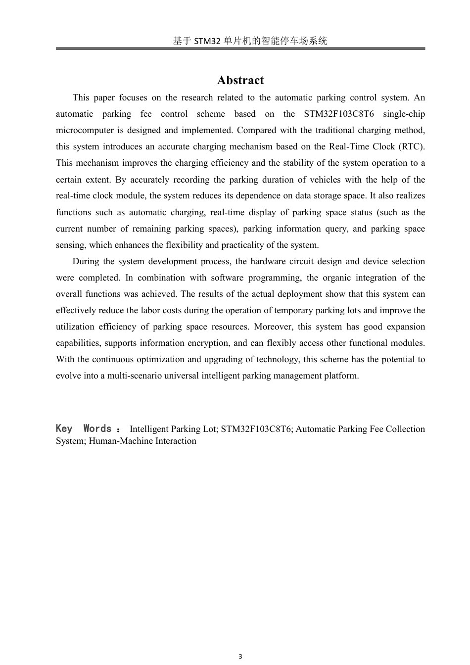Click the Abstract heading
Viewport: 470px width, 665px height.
point(240,80)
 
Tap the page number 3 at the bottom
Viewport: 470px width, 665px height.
point(240,657)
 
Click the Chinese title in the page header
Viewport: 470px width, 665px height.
point(250,41)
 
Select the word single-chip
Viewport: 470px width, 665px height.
point(404,114)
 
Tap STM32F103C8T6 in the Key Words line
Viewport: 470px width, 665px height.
point(256,429)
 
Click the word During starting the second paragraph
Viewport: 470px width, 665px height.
point(87,261)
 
